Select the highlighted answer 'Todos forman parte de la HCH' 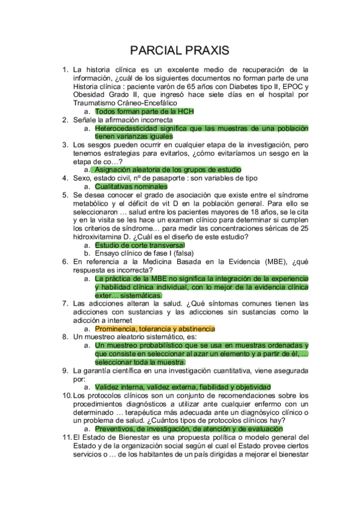point(144,112)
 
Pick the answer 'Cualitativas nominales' point(131,186)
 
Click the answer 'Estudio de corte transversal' point(139,245)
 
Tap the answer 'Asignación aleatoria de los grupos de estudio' point(168,170)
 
